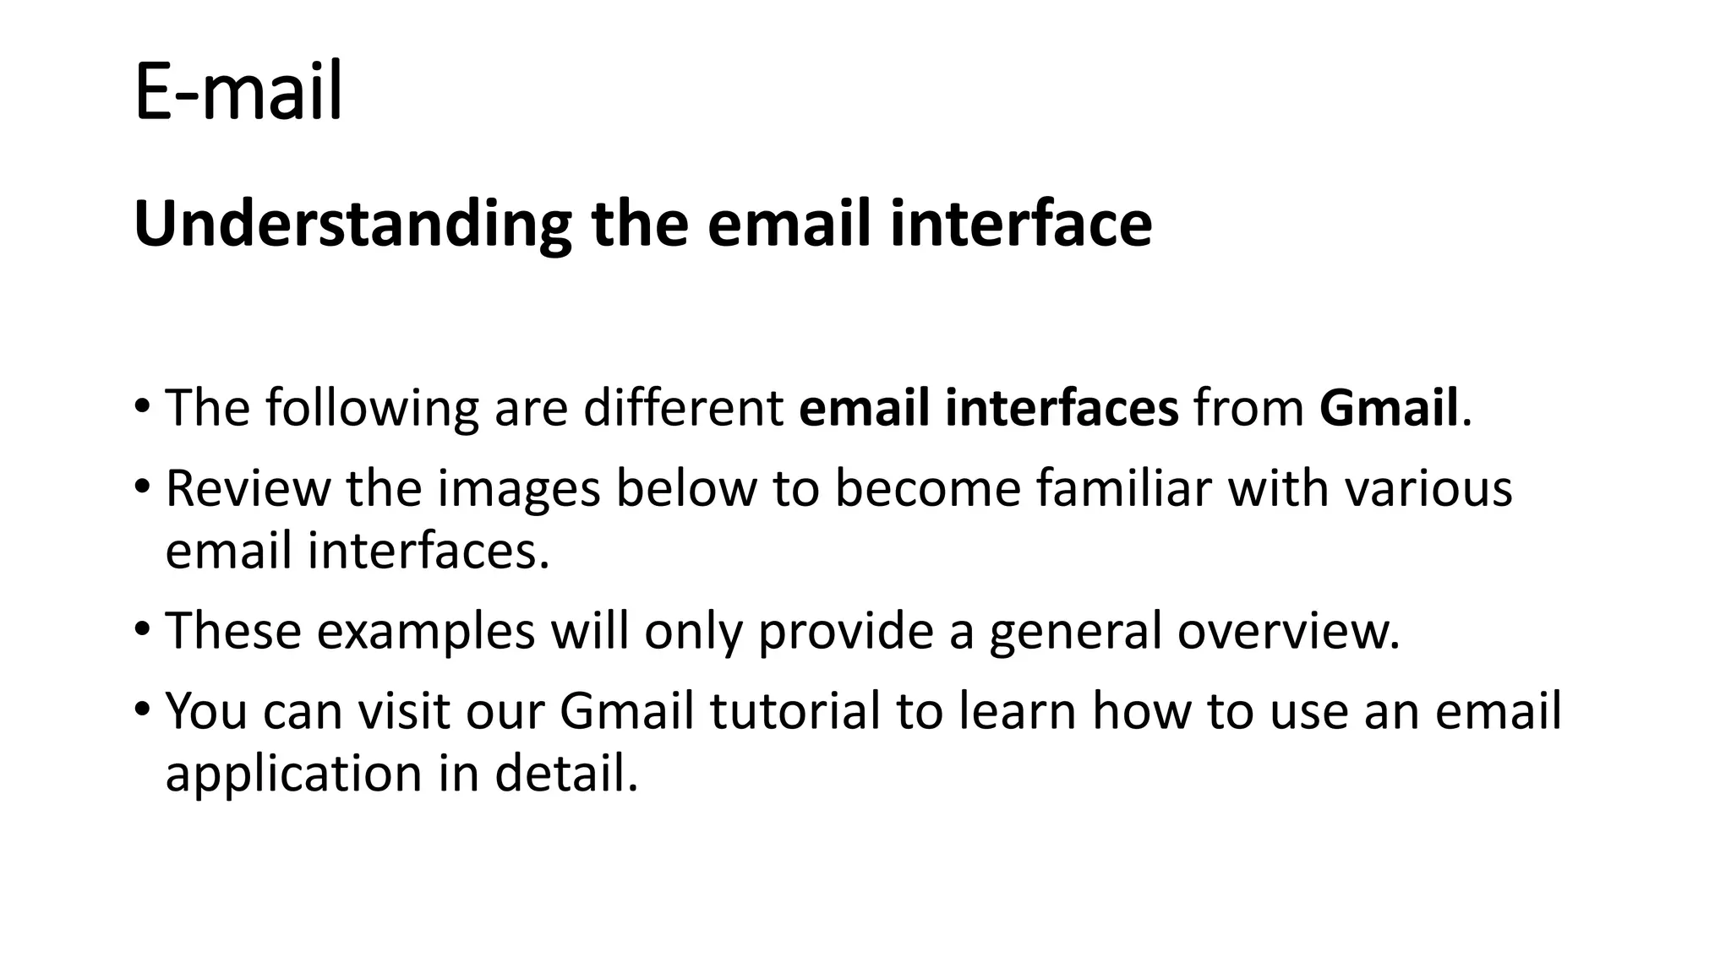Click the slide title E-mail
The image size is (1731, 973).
[x=238, y=91]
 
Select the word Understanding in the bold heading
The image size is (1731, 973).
[x=352, y=225]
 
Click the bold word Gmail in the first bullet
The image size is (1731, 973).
[x=1389, y=408]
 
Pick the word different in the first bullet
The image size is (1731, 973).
[x=683, y=408]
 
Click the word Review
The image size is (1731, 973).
[x=248, y=489]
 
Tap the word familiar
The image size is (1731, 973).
[x=1124, y=489]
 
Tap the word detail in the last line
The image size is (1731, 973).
[x=565, y=773]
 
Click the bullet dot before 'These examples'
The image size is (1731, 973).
[x=142, y=629]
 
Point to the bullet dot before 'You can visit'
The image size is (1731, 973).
[x=142, y=709]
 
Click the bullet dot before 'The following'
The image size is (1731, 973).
[x=142, y=405]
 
